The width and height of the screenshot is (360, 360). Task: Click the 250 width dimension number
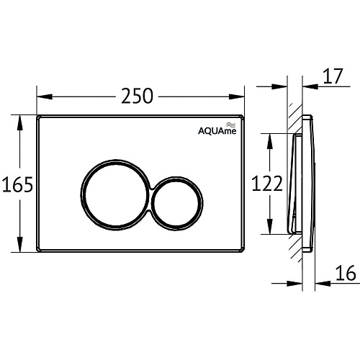137,96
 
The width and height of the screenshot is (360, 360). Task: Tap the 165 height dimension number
17,184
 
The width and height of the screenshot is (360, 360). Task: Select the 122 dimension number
267,184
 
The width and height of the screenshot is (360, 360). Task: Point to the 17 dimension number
333,76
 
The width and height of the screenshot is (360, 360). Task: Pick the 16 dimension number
346,273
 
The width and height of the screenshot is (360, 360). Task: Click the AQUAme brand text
217,131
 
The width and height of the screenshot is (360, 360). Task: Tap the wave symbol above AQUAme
232,125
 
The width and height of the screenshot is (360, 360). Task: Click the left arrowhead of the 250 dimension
45,96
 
